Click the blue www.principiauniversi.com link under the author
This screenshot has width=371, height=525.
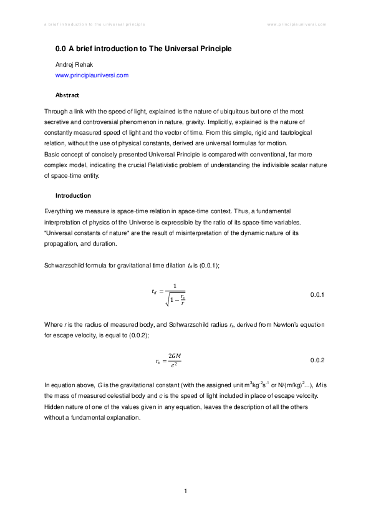pyautogui.click(x=92, y=75)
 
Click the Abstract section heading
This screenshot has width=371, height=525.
pyautogui.click(x=67, y=95)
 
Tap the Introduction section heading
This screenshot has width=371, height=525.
pyautogui.click(x=73, y=195)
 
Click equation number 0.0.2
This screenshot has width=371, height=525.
pyautogui.click(x=317, y=360)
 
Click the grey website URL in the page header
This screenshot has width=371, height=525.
pyautogui.click(x=297, y=24)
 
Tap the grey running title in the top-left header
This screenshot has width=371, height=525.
pyautogui.click(x=94, y=24)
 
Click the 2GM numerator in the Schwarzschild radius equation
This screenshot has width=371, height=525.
pyautogui.click(x=175, y=355)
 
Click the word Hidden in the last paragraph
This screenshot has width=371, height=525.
pyautogui.click(x=54, y=407)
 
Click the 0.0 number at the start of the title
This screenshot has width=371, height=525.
pyautogui.click(x=61, y=48)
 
